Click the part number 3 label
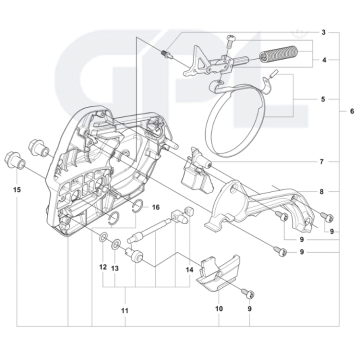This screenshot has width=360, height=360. click(323, 32)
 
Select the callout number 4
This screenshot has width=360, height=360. click(323, 60)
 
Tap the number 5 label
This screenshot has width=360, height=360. click(323, 99)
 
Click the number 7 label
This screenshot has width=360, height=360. click(321, 161)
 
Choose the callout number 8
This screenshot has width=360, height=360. click(321, 191)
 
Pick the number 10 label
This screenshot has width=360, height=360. click(218, 309)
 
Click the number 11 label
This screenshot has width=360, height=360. click(124, 310)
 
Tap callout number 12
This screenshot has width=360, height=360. click(102, 267)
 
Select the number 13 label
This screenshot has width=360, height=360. click(115, 268)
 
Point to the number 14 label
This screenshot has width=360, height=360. click(189, 269)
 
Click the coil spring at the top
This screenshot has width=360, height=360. click(279, 52)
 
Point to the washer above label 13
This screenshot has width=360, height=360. click(115, 243)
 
